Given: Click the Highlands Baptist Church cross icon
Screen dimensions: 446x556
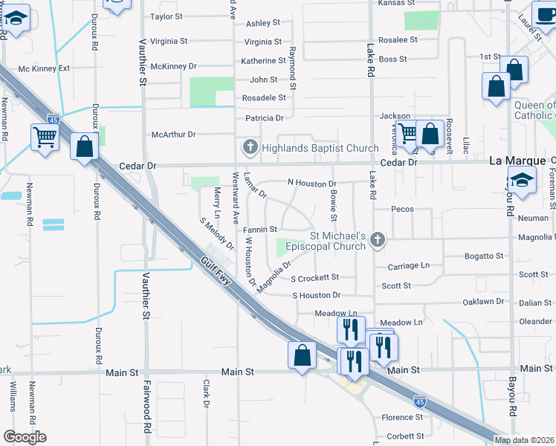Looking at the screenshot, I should point(250,147).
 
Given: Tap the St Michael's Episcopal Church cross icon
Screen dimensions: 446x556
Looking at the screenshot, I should point(378,239).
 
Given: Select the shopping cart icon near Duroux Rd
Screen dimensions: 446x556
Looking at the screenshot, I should point(45,137).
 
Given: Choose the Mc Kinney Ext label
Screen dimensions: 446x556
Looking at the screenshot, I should point(44,68).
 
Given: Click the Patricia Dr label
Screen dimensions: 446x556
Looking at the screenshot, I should point(265,117).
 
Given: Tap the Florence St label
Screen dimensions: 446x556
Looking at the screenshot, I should point(402,418).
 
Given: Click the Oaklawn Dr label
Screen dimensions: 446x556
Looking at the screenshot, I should point(483,302).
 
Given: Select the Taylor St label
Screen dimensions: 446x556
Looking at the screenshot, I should point(167,16).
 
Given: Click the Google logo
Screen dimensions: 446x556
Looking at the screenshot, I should point(25,436).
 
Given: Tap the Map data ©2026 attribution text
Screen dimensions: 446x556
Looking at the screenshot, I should point(523,440).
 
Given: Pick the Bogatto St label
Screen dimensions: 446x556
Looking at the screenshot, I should point(483,256).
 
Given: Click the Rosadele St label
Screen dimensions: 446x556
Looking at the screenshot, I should point(264,97).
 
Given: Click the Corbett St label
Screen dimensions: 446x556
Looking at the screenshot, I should point(405,436).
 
